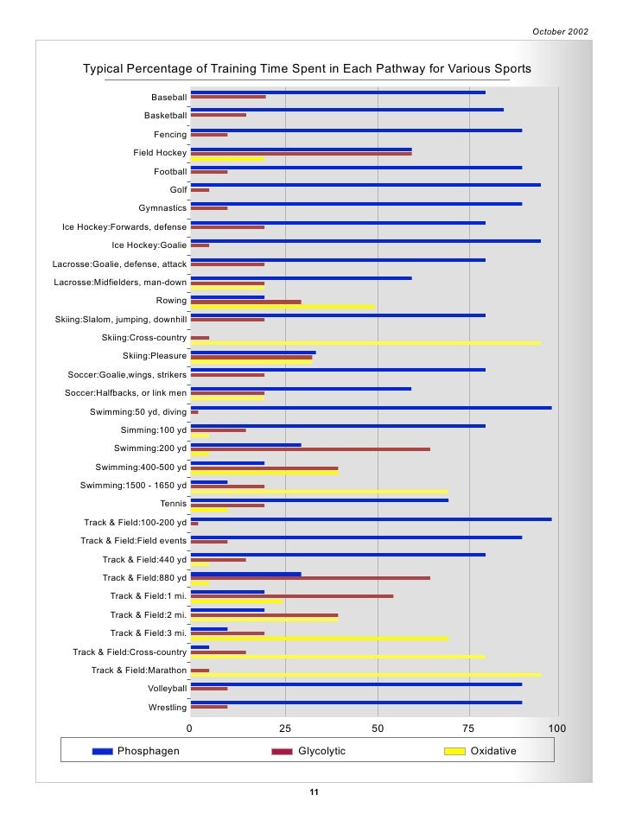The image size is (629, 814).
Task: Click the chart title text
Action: (x=307, y=69)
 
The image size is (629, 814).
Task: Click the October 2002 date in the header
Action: (x=560, y=32)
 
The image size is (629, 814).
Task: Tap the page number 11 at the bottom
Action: (x=314, y=792)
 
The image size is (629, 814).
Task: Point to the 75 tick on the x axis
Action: (x=470, y=728)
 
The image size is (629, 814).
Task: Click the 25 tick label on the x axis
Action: (x=283, y=728)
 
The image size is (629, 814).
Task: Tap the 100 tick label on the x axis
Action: (x=557, y=728)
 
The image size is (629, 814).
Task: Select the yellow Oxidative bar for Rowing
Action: (x=283, y=307)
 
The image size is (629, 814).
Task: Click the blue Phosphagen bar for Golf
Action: (x=365, y=185)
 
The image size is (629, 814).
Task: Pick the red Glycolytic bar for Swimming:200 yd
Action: (x=310, y=449)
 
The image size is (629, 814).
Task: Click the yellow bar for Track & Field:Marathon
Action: (x=365, y=675)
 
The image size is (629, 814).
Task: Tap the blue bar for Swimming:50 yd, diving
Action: (x=371, y=408)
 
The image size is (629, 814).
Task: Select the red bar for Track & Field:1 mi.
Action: (x=292, y=596)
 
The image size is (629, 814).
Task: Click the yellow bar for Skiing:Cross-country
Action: (x=365, y=343)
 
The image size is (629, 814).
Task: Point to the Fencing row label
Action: (x=170, y=135)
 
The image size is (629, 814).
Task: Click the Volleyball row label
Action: (x=167, y=689)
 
